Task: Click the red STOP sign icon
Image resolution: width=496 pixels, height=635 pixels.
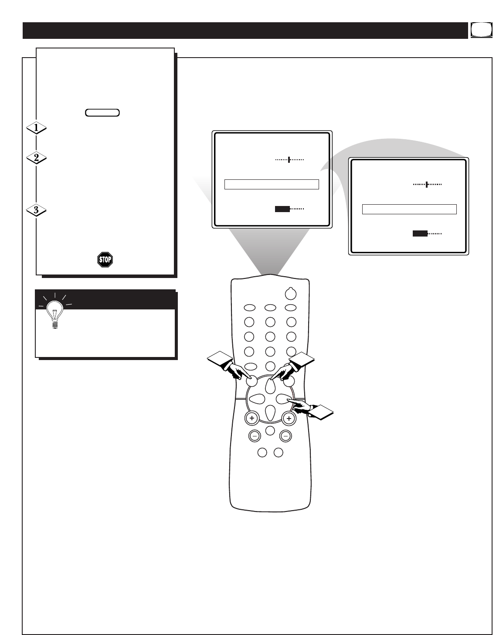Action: coord(105,260)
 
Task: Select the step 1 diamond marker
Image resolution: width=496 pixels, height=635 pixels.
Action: coord(36,128)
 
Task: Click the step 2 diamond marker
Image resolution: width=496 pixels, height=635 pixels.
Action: coord(36,158)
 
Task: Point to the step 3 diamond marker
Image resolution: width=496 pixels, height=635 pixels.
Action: coord(36,210)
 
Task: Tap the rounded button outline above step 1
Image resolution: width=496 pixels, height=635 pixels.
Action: coord(102,113)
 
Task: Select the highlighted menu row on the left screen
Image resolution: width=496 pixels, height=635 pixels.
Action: coord(272,184)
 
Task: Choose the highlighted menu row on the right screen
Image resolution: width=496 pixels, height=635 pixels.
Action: coord(409,209)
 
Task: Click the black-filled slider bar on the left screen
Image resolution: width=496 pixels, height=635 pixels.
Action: coord(282,209)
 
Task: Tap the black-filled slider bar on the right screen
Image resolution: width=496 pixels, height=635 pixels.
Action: coord(420,234)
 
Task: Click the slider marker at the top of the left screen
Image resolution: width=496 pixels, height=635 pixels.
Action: coord(289,160)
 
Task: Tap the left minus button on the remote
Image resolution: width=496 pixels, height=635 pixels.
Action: coord(254,435)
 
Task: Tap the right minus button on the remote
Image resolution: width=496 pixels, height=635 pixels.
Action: coord(285,435)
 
